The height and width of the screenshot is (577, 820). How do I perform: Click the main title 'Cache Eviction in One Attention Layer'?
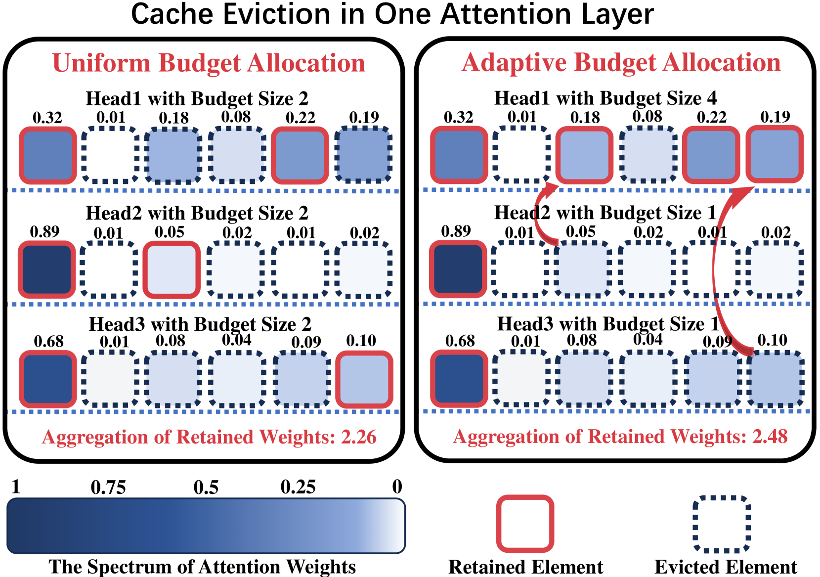pos(392,14)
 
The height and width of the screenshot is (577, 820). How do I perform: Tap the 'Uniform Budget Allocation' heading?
pos(209,63)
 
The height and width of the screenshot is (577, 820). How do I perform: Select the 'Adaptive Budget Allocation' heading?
pos(621,63)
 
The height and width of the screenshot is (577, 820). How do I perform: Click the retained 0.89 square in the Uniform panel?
pos(47,269)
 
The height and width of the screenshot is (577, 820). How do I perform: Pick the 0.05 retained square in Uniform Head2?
pos(172,270)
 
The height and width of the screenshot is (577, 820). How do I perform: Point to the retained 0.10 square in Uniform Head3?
pos(364,379)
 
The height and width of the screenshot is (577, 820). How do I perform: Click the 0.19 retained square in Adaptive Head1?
pos(775,154)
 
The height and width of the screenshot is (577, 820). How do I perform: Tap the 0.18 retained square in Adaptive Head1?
pos(584,155)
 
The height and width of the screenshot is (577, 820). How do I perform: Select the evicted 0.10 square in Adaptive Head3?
pos(775,379)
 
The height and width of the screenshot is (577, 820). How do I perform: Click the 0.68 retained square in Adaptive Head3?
pos(459,379)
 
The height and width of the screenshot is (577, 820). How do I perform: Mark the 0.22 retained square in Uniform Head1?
pos(300,155)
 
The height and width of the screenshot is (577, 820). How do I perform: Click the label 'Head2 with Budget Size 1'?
pos(605,213)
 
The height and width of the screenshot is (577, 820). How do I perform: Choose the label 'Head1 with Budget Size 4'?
pos(605,98)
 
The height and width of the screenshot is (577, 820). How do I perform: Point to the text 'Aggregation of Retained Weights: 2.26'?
pos(209,437)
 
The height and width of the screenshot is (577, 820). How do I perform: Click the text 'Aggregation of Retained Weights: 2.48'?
pos(620,437)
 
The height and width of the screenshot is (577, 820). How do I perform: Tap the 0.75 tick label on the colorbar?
pos(108,488)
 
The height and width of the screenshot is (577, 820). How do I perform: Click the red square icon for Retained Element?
pos(525,524)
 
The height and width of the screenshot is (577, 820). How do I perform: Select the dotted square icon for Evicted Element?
pos(722,524)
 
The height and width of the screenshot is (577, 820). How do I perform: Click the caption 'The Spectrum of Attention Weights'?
pos(202,567)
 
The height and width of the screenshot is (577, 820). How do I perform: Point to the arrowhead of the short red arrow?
pos(553,187)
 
